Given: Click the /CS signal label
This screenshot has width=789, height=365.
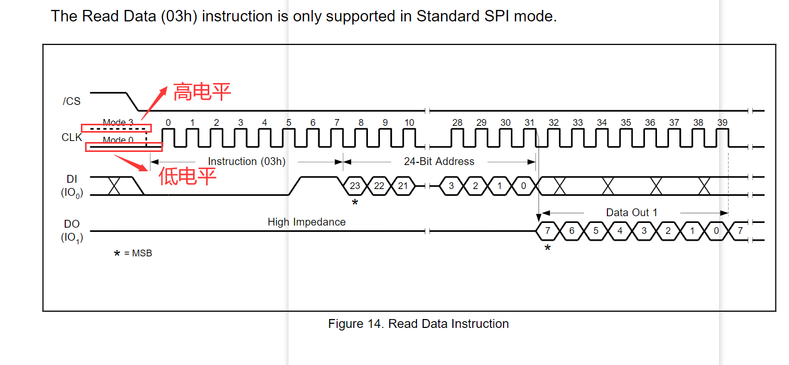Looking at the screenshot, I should pos(71,101).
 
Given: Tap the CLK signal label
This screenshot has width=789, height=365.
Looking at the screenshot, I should pos(71,138).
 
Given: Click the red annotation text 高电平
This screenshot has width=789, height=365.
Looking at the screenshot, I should pos(201,92).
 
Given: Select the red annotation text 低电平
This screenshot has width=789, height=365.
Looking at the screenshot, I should pos(187,176).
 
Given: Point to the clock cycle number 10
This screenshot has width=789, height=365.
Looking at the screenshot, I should pos(409,123).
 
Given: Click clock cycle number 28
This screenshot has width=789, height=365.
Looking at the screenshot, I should pos(457,123).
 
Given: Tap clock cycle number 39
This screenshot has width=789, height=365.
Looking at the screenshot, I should pos(722,123).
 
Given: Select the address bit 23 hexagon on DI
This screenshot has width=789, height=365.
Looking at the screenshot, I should pos(355,186).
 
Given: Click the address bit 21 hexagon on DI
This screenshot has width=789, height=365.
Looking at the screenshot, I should pos(403,186).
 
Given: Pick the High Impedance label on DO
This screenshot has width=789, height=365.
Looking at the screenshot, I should pos(306,222).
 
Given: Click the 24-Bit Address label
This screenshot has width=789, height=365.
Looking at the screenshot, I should pos(439,161).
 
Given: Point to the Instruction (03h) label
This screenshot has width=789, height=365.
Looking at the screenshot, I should pos(246,161).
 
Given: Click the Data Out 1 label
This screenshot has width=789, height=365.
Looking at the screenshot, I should pos(631,213).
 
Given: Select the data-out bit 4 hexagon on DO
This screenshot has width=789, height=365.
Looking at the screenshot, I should pos(620,231).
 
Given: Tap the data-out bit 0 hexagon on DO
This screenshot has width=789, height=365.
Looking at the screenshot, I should pos(716,231).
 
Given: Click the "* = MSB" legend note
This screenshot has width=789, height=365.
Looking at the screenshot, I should pos(133,253).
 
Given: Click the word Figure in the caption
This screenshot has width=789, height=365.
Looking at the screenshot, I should pos(344,324).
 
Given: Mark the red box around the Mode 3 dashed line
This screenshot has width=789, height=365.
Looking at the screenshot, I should pos(116,128).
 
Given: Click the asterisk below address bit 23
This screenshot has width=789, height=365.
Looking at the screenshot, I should pos(355,203).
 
